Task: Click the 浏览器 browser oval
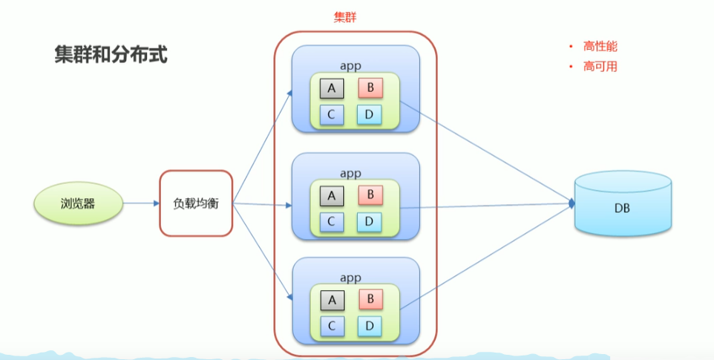pyautogui.click(x=78, y=203)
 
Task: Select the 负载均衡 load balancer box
pyautogui.click(x=196, y=203)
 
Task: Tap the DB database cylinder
pyautogui.click(x=622, y=207)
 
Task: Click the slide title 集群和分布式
pyautogui.click(x=111, y=54)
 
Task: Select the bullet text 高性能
pyautogui.click(x=600, y=46)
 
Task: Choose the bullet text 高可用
pyautogui.click(x=600, y=66)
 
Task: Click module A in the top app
pyautogui.click(x=332, y=89)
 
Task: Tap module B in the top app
pyautogui.click(x=370, y=89)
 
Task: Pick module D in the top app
pyautogui.click(x=369, y=114)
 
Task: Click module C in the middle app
pyautogui.click(x=332, y=221)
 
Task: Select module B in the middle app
pyautogui.click(x=370, y=196)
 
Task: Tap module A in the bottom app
pyautogui.click(x=332, y=300)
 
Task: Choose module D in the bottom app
pyautogui.click(x=369, y=325)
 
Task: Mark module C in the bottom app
pyautogui.click(x=332, y=325)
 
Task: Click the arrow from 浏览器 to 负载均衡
pyautogui.click(x=141, y=203)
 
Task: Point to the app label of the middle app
pyautogui.click(x=350, y=174)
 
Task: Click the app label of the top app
pyautogui.click(x=350, y=66)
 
